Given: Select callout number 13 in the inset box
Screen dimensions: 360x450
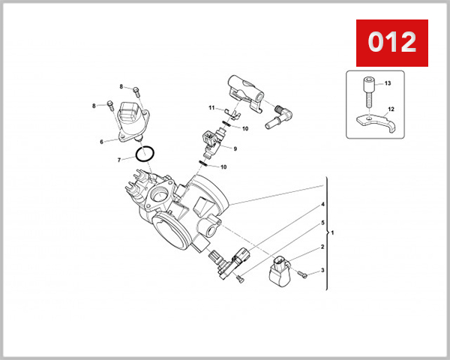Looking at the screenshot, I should (388, 84).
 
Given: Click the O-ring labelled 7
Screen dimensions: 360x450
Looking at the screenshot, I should (145, 154).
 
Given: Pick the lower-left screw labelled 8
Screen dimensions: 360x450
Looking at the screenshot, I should (110, 106).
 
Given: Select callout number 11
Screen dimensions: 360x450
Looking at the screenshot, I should (212, 108).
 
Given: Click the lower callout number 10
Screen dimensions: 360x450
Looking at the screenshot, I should (223, 166).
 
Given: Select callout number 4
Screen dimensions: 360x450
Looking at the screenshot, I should (322, 205).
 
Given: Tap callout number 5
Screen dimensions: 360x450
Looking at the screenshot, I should (322, 223).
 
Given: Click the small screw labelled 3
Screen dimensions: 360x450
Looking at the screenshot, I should (303, 274).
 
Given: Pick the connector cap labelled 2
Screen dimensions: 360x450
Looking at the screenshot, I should (280, 271).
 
